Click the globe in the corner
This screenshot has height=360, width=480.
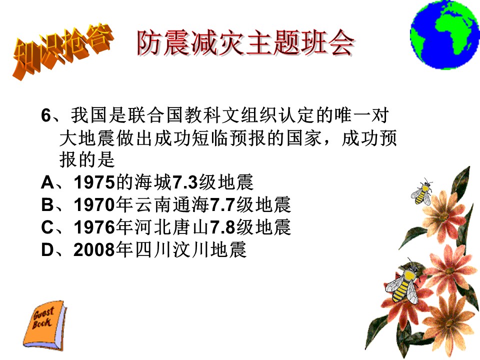point(444,34)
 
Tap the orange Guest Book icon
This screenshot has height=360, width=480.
point(44,325)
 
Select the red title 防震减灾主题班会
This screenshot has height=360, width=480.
point(245,43)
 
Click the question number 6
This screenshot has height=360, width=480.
point(46,115)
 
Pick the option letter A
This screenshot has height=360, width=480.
point(48,182)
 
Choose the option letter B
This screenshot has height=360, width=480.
point(47,205)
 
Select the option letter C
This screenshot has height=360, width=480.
point(47,227)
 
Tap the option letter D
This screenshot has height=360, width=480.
point(47,249)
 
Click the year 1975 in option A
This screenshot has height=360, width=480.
point(94,182)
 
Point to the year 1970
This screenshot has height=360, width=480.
point(94,205)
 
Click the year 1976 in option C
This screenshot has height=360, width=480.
point(94,227)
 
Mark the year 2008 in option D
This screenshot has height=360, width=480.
point(94,249)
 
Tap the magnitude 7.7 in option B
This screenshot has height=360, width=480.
point(222,205)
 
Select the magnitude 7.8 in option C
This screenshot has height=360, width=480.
point(222,227)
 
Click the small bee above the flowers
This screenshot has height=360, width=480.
point(422,191)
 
